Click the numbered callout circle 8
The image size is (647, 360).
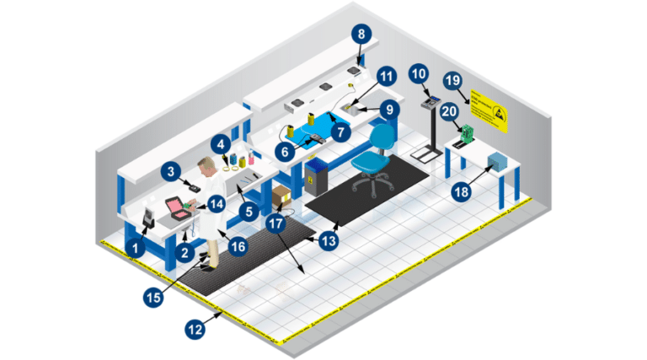pyautogui.click(x=361, y=35)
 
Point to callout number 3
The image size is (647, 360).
pyautogui.click(x=173, y=172)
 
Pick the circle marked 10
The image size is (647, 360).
pyautogui.click(x=418, y=74)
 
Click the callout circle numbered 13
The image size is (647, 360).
pyautogui.click(x=326, y=239)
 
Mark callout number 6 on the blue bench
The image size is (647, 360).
pyautogui.click(x=283, y=151)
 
